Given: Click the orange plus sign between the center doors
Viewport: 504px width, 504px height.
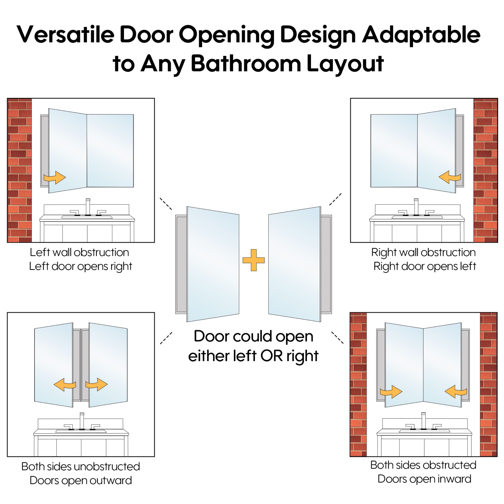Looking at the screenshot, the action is (254, 260).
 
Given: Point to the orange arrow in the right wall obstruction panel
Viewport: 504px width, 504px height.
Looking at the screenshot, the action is (450, 177).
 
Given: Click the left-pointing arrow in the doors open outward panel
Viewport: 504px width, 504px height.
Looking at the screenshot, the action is (65, 385).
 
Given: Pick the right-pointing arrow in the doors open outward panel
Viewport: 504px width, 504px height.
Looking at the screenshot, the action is (97, 385).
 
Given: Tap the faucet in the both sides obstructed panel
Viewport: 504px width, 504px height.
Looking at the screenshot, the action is (423, 421).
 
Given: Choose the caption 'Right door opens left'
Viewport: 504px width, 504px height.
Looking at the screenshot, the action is (425, 266).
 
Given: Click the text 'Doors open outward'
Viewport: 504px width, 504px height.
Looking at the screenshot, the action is (81, 480).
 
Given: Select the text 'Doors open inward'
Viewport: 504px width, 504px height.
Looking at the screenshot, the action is (425, 479).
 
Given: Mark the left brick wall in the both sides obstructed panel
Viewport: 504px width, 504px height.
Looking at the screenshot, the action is (358, 385).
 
